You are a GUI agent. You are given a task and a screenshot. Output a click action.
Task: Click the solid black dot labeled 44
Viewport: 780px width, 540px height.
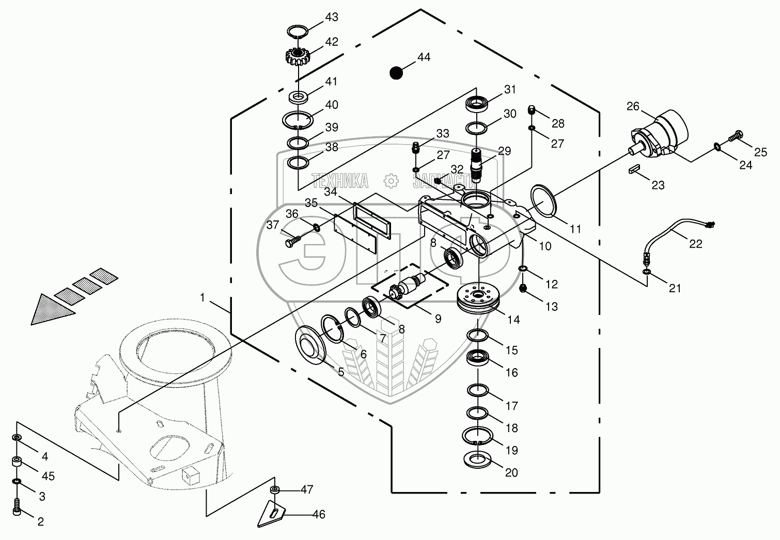coord(396,73)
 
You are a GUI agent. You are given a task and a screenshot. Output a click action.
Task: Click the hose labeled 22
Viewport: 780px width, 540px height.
coord(672,231)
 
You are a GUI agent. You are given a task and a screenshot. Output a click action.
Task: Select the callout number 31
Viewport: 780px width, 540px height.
coord(510,89)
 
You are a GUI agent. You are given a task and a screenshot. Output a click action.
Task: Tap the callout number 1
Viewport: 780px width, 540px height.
coord(202,298)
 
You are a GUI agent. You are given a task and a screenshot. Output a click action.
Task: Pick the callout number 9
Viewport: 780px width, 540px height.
coord(438,319)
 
